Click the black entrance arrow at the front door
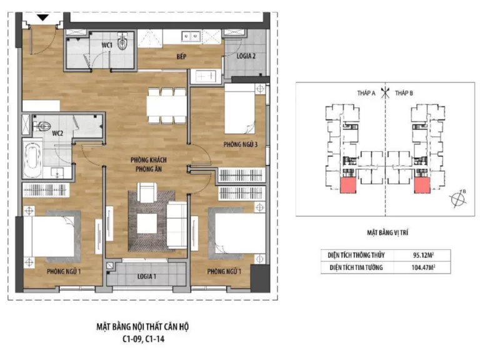pyautogui.click(x=43, y=17)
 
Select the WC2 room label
pyautogui.click(x=57, y=133)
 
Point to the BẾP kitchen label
pyautogui.click(x=181, y=57)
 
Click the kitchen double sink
pyautogui.click(x=191, y=36)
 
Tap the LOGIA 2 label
pyautogui.click(x=246, y=56)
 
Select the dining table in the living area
pyautogui.click(x=166, y=106)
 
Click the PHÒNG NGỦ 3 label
pyautogui.click(x=240, y=144)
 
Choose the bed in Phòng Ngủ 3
pyautogui.click(x=240, y=109)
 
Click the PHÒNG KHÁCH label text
pyautogui.click(x=149, y=160)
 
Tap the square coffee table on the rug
pyautogui.click(x=147, y=224)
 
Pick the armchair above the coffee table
pyautogui.click(x=147, y=192)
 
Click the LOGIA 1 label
pyautogui.click(x=147, y=276)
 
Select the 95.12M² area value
pyautogui.click(x=423, y=255)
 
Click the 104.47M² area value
pyautogui.click(x=423, y=267)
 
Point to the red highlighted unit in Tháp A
pyautogui.click(x=348, y=185)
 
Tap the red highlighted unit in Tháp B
pyautogui.click(x=422, y=185)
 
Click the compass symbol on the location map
pyautogui.click(x=459, y=199)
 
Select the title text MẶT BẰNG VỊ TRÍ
pyautogui.click(x=387, y=232)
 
